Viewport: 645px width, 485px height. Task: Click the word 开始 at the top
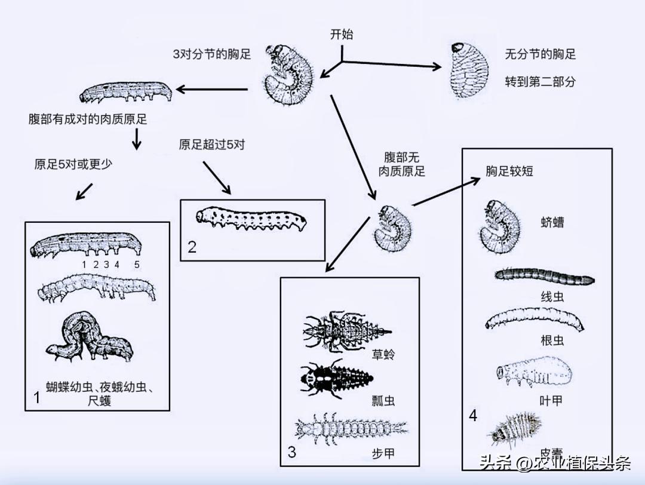[x=342, y=35]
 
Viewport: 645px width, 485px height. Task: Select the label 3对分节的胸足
[x=212, y=54]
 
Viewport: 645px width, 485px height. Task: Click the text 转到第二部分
[x=540, y=82]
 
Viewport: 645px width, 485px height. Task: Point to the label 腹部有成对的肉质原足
[x=88, y=119]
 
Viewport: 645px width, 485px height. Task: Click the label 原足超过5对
[x=211, y=145]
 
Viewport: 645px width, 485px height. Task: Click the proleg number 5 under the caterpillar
[x=137, y=263]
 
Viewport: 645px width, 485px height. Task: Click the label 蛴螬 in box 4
[x=552, y=223]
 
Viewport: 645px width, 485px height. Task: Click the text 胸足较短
[x=509, y=171]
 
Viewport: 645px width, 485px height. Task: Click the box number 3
[x=291, y=452]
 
